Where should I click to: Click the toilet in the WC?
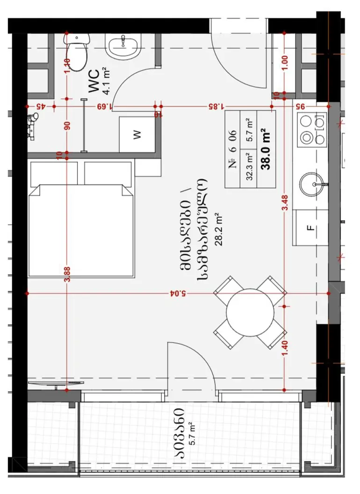point(77,51)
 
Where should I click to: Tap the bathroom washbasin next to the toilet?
point(122,48)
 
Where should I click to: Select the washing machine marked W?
point(137,135)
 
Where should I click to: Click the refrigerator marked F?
point(310,228)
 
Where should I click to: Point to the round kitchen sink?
point(312,184)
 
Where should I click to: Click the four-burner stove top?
point(312,129)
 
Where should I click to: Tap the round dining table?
point(250,312)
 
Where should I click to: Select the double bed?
point(81,231)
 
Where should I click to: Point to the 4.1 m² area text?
point(106,81)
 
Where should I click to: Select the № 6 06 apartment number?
point(233,149)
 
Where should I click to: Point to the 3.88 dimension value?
point(67,274)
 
